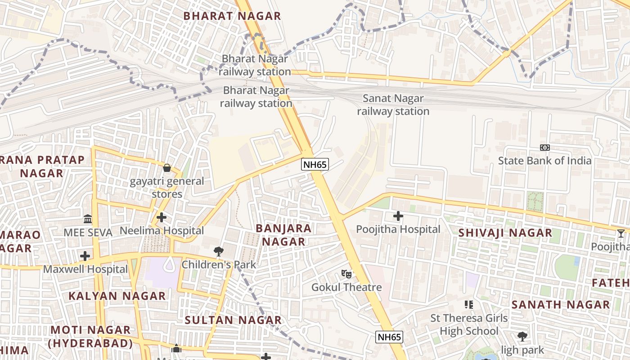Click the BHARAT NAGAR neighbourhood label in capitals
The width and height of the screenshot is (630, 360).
click(x=232, y=16)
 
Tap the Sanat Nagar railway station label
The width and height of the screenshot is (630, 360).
click(x=393, y=105)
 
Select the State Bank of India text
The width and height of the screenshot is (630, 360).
click(x=544, y=161)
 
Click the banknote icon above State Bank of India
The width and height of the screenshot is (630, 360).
click(x=545, y=148)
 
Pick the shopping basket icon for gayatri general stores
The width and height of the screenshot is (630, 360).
click(x=167, y=168)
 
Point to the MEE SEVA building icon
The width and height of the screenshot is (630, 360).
click(x=88, y=219)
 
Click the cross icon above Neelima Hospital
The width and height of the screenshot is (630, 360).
click(x=161, y=217)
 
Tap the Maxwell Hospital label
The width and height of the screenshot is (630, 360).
click(x=85, y=270)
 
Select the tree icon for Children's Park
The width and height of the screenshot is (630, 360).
click(x=219, y=251)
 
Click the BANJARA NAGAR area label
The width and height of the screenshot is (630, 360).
click(x=283, y=234)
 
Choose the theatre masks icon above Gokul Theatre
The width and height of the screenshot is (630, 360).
click(x=346, y=274)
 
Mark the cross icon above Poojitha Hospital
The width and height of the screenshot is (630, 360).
click(x=398, y=216)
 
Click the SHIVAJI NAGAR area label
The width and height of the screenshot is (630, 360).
click(x=505, y=233)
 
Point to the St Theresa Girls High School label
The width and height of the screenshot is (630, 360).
click(x=469, y=324)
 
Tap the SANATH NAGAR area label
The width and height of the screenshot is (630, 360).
click(x=560, y=305)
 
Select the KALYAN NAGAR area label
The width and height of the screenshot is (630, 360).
click(x=117, y=296)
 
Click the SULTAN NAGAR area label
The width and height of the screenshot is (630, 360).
click(x=233, y=320)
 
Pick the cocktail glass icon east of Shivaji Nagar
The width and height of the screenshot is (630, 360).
click(x=621, y=233)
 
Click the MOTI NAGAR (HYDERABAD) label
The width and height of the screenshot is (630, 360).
click(x=90, y=337)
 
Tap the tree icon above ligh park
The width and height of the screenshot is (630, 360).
click(x=522, y=336)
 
